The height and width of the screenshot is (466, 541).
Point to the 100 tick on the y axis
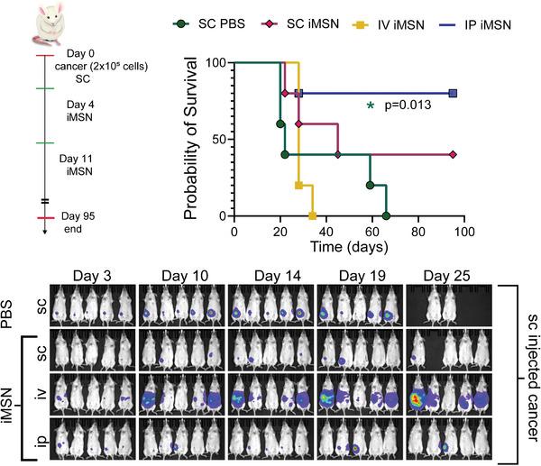[x=214, y=63]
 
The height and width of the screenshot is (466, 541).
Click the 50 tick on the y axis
[x=217, y=140]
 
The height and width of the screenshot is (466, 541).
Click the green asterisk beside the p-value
[x=370, y=107]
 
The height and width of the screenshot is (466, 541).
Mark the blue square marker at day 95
[x=454, y=93]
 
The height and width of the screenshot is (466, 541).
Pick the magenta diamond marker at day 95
[x=454, y=155]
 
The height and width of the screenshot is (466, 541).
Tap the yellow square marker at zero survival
[x=313, y=216]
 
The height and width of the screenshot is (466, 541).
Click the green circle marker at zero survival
[x=386, y=216]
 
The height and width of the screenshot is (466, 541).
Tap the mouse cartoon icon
[x=43, y=25]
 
